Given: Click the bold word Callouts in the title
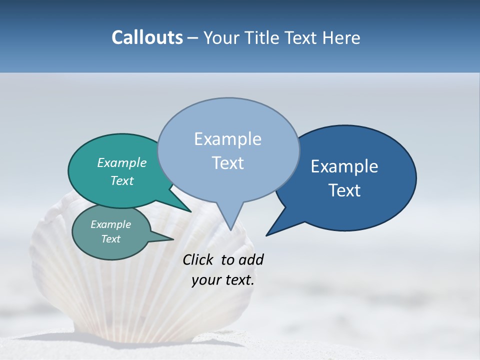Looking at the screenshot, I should click(x=147, y=37).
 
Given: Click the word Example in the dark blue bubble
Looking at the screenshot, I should click(x=344, y=166).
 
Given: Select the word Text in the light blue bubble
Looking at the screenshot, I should click(x=227, y=163).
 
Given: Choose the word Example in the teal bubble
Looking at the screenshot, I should click(x=121, y=162).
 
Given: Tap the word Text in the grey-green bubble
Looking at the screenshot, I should click(x=110, y=239).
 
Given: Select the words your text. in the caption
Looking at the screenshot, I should click(x=222, y=280).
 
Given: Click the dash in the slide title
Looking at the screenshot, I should click(x=193, y=38).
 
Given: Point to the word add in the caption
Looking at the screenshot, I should click(x=251, y=259).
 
